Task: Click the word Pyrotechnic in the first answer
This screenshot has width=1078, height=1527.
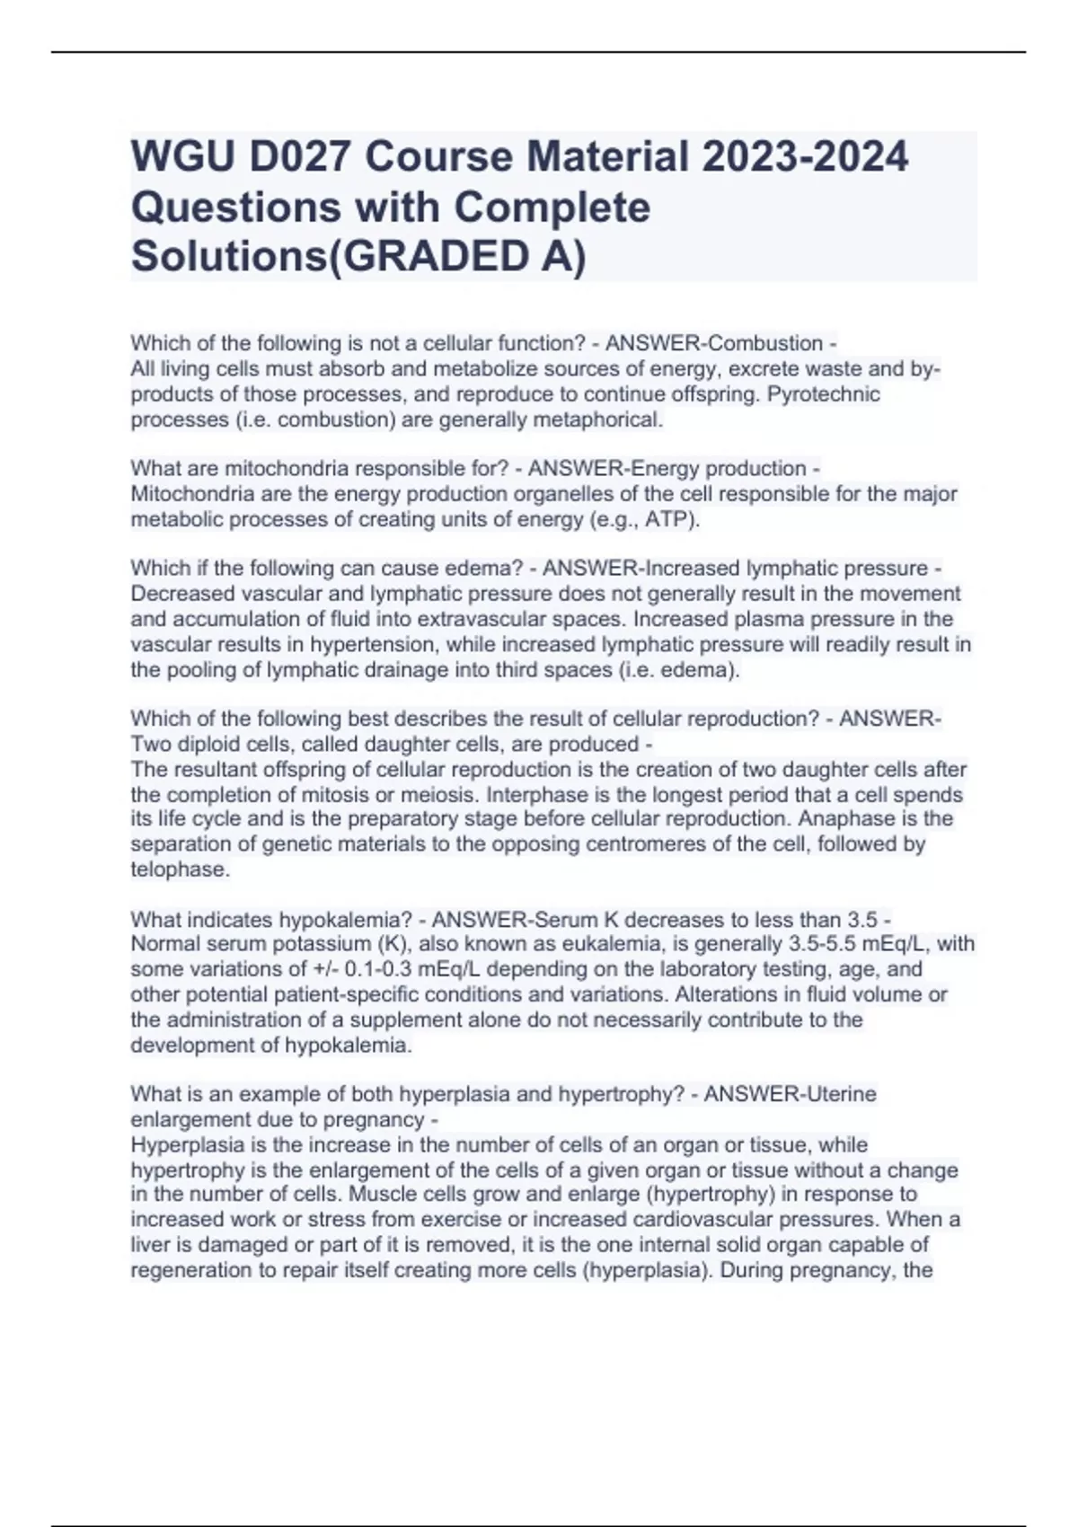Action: click(824, 394)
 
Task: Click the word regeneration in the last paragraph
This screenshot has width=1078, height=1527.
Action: click(188, 1271)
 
